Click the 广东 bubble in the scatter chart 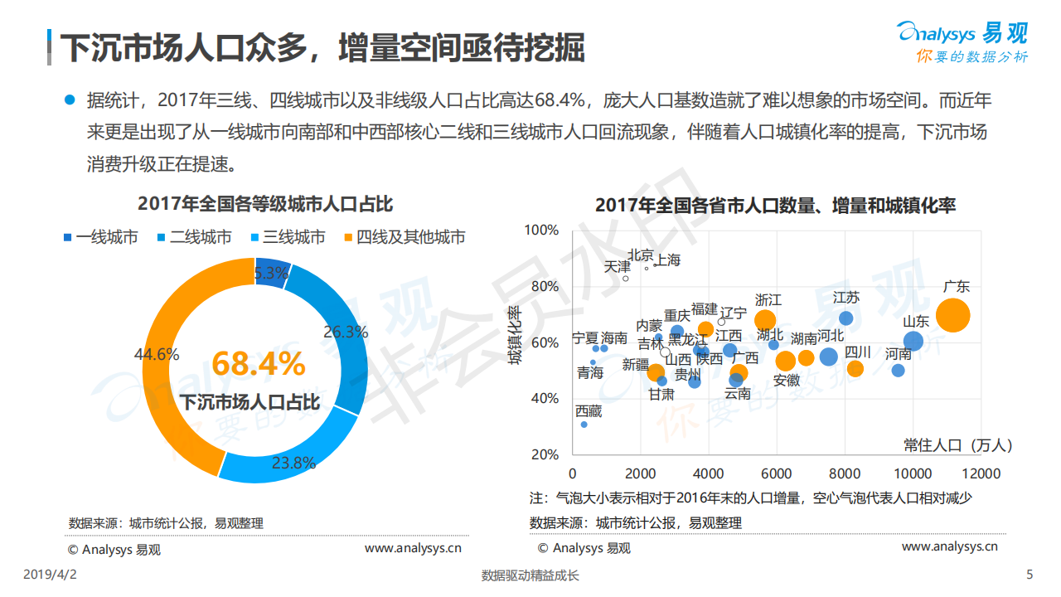tap(953, 315)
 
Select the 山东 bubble tap(913, 341)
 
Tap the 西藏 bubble tap(584, 425)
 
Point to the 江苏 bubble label tap(846, 298)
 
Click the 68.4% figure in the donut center tap(259, 364)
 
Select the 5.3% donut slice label tap(271, 273)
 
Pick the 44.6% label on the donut tap(157, 354)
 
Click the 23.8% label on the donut tap(293, 463)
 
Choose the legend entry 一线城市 tap(100, 237)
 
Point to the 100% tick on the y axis tap(543, 230)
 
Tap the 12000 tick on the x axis tap(981, 474)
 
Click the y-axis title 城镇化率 tap(515, 335)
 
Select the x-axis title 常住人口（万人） tap(958, 445)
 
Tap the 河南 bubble tap(898, 370)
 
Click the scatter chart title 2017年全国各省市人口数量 tap(775, 205)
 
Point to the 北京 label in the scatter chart tap(640, 255)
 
